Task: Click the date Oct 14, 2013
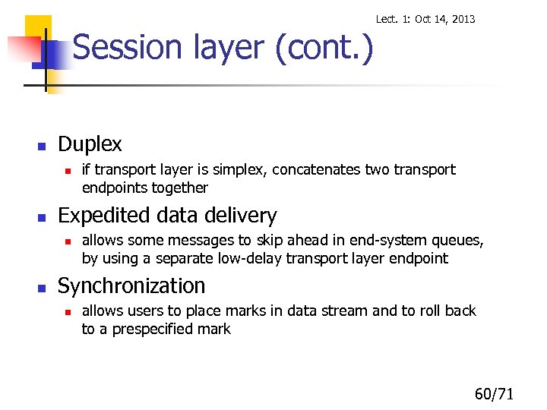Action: coord(444,19)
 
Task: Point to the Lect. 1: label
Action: coord(394,19)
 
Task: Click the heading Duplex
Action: coord(90,143)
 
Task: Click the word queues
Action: coord(455,241)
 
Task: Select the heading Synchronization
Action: coord(131,286)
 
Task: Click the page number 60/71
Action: coord(495,393)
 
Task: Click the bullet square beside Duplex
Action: coord(43,145)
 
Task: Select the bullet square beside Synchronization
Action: coord(43,288)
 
